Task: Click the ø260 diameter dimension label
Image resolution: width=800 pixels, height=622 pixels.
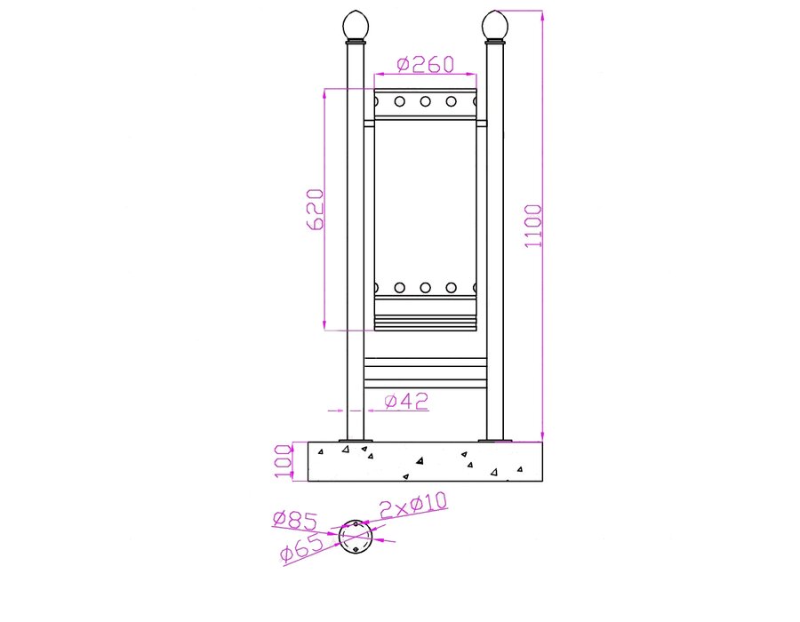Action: coord(425,64)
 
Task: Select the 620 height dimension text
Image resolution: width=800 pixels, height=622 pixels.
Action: coord(316,210)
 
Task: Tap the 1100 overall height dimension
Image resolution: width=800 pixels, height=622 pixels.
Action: coord(533,226)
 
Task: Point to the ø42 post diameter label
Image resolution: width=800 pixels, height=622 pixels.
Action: coord(406,402)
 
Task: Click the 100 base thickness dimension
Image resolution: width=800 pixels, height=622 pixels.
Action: coord(284,461)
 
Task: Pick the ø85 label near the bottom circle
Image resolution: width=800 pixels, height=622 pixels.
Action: coord(295,520)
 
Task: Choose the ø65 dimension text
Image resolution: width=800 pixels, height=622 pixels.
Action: coord(302,547)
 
